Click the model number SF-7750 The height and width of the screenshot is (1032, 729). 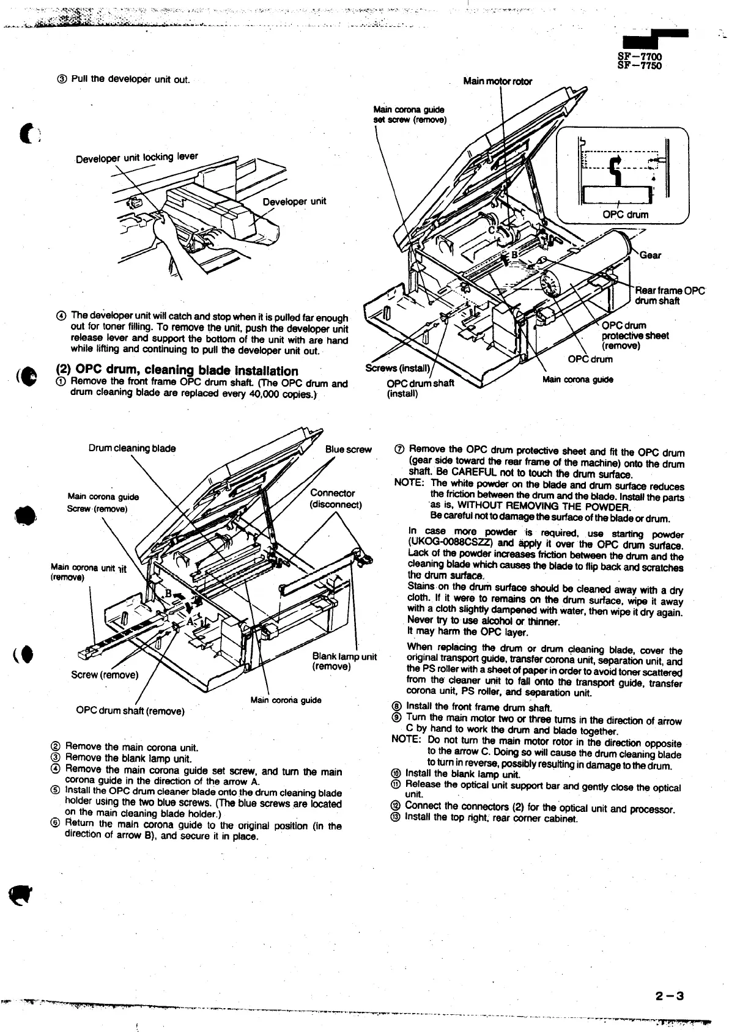click(640, 65)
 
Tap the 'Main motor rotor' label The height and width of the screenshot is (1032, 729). click(497, 81)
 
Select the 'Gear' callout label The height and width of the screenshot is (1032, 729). click(650, 256)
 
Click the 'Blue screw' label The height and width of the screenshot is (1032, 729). click(348, 449)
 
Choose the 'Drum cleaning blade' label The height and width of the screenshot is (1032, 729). click(132, 448)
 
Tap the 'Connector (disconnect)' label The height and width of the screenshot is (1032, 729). click(336, 499)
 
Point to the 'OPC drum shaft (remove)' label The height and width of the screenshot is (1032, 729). click(130, 711)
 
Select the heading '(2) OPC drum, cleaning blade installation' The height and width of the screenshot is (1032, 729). click(177, 370)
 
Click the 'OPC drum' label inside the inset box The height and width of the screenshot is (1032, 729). click(625, 215)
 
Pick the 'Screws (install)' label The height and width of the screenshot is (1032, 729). click(398, 369)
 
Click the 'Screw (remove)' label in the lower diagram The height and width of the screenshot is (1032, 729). click(105, 675)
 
